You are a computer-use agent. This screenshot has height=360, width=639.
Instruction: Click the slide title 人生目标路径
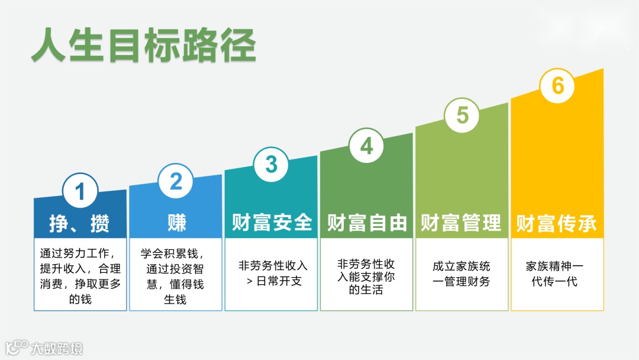tap(144, 46)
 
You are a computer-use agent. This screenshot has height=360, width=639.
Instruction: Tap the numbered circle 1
tap(80, 191)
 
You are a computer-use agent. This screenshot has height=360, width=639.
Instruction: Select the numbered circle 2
tap(176, 181)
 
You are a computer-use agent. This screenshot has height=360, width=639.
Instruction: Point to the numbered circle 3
tap(271, 164)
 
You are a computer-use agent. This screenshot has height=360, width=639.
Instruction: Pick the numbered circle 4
tap(367, 146)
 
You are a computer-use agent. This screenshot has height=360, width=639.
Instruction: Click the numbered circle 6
tap(557, 86)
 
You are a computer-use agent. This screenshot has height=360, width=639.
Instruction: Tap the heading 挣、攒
tap(80, 223)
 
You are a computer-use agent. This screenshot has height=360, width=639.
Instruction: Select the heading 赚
tap(176, 223)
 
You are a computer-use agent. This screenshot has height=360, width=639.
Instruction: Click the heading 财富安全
tap(272, 223)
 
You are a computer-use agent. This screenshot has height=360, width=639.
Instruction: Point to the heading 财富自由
tap(367, 223)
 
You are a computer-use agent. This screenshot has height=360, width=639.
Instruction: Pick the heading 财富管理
tap(461, 223)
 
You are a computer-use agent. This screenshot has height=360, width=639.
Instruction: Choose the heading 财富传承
tap(557, 223)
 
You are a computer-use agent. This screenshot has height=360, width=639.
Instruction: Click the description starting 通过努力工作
tap(80, 276)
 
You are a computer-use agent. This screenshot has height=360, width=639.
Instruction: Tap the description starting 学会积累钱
tap(176, 276)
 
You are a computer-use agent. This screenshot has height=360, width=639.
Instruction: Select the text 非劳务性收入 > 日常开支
tap(272, 273)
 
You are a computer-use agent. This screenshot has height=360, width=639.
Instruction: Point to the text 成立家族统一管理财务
tap(461, 274)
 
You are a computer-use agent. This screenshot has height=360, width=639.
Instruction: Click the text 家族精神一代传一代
tap(557, 274)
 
